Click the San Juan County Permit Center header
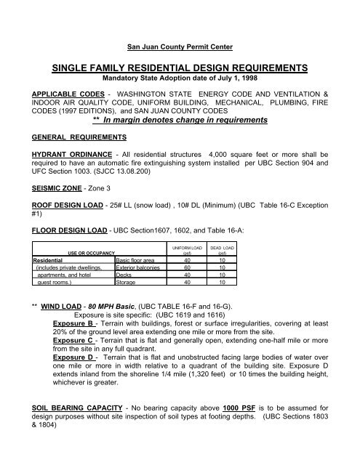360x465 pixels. (180, 47)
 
